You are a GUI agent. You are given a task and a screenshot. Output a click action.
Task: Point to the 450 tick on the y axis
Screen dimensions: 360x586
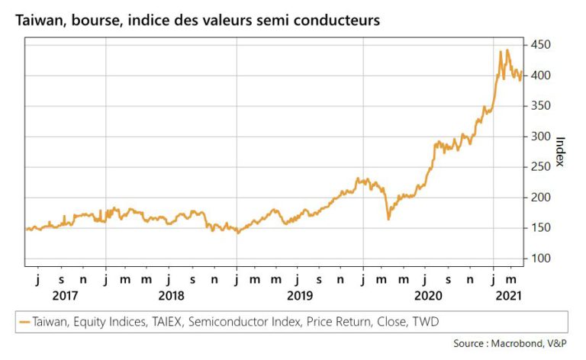pyautogui.click(x=539, y=45)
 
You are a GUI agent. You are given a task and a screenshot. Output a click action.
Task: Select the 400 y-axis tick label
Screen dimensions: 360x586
pyautogui.click(x=539, y=76)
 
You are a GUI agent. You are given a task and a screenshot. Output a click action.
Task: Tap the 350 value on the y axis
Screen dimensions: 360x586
pyautogui.click(x=539, y=106)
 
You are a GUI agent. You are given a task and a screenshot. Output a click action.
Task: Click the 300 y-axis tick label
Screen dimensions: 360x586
pyautogui.click(x=539, y=137)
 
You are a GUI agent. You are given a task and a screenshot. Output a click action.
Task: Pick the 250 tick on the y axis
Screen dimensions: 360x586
pyautogui.click(x=539, y=167)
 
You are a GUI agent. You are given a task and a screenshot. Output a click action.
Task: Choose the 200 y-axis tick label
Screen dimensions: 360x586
pyautogui.click(x=539, y=198)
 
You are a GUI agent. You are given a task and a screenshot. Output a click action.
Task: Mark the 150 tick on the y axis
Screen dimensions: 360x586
pyautogui.click(x=539, y=228)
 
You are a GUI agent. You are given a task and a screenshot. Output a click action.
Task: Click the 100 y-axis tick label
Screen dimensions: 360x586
pyautogui.click(x=539, y=259)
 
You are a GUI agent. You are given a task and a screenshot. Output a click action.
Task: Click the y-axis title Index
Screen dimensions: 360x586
pyautogui.click(x=561, y=153)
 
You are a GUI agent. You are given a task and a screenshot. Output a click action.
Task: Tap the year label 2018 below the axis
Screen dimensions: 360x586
pyautogui.click(x=171, y=294)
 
